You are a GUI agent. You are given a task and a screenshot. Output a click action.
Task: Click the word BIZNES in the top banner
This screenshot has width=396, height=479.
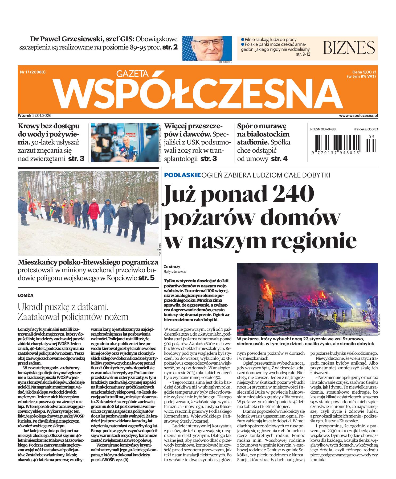click(349, 47)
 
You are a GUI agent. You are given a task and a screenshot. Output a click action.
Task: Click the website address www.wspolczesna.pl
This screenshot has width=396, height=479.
click(358, 116)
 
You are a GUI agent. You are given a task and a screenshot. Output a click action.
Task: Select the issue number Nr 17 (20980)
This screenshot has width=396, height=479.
click(33, 72)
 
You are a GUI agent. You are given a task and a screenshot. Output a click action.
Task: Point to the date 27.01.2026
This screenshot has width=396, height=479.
click(42, 116)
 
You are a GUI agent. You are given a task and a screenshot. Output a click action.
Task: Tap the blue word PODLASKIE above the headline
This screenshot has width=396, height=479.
click(182, 175)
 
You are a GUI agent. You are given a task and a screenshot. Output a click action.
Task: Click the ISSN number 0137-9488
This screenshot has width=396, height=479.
click(327, 129)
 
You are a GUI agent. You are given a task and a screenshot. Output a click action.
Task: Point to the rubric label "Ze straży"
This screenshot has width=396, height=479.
click(172, 266)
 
